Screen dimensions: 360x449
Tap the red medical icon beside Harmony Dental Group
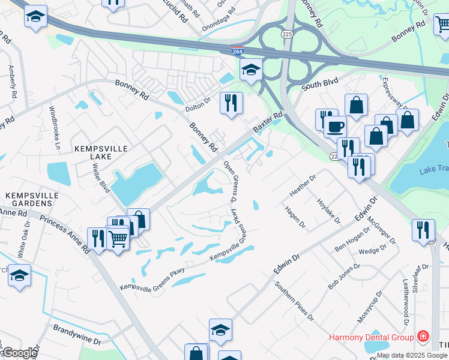click(424, 336)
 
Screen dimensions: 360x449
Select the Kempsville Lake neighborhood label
click(94, 152)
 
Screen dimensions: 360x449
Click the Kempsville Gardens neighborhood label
click(29, 200)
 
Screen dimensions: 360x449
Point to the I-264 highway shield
click(241, 53)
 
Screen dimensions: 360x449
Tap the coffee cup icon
click(335, 126)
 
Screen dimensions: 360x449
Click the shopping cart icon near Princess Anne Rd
click(118, 239)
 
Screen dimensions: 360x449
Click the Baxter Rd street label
click(267, 122)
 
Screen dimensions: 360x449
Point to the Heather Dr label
click(303, 185)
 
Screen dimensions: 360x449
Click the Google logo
click(19, 353)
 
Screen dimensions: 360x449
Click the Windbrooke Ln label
click(55, 127)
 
